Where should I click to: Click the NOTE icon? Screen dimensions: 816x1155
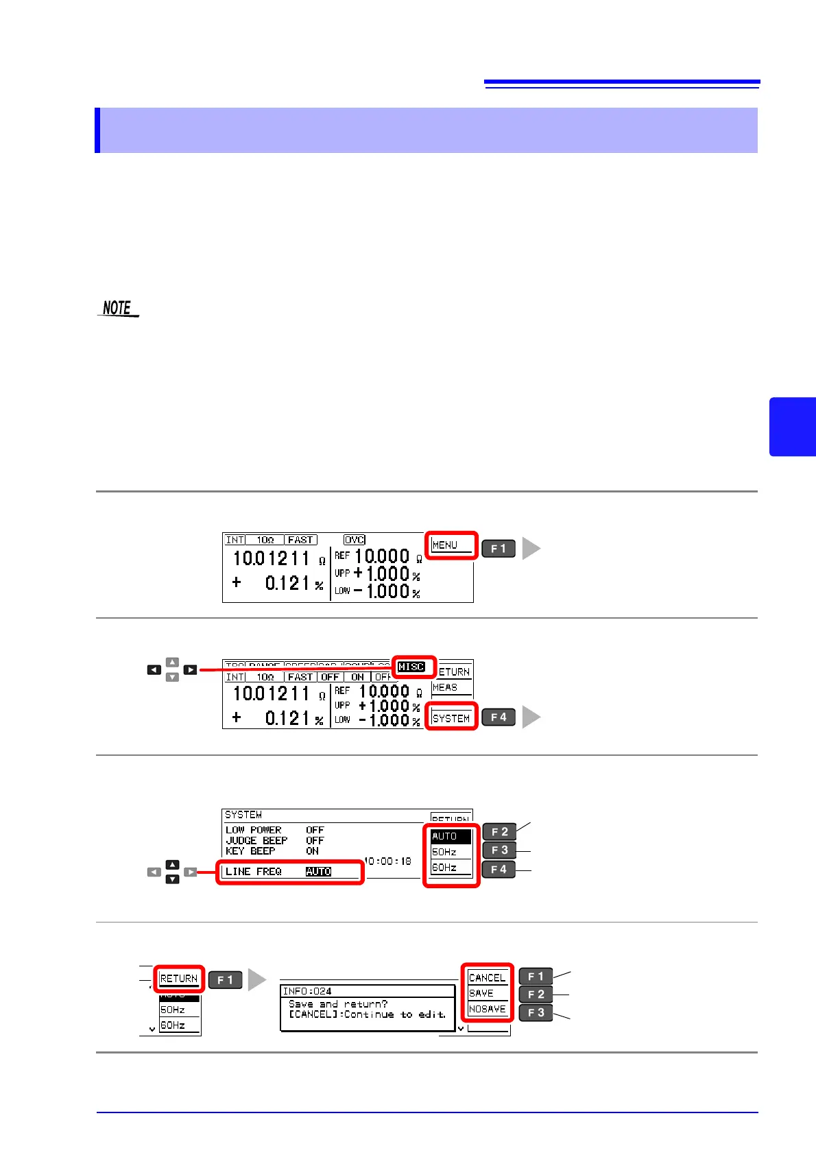[x=118, y=309]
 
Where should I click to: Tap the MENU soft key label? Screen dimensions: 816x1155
[x=446, y=545]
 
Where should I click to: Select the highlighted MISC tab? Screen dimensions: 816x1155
[x=411, y=667]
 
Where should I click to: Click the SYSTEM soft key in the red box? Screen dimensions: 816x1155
[x=451, y=718]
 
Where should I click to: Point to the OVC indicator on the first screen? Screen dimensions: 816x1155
[x=355, y=540]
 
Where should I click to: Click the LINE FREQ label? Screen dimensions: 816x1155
[x=254, y=872]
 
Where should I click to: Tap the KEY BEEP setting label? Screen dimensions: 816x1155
[x=250, y=851]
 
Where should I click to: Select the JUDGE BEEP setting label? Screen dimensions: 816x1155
[x=256, y=840]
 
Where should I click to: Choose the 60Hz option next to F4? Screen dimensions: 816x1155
[x=445, y=868]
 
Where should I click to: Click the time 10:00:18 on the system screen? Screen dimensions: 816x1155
[x=387, y=861]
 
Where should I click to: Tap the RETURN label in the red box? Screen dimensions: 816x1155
[x=179, y=979]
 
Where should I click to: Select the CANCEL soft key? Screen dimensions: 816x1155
[x=487, y=978]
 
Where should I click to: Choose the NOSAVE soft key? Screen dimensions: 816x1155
[x=487, y=1009]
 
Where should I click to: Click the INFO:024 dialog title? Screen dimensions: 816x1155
[x=307, y=991]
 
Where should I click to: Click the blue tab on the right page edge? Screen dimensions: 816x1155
[x=793, y=427]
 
